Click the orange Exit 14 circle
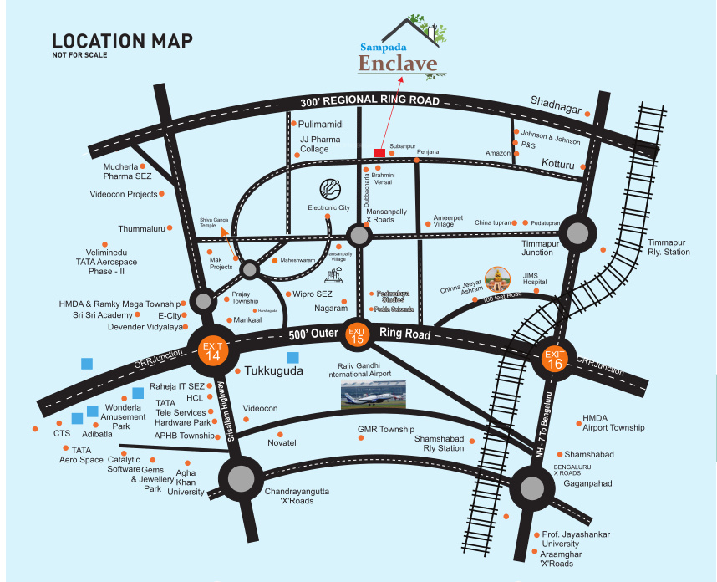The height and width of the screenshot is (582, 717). click(x=213, y=350)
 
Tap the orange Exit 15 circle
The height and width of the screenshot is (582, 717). click(x=358, y=334)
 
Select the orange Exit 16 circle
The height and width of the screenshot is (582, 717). click(x=554, y=360)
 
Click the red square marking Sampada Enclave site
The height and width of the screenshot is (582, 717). click(x=379, y=152)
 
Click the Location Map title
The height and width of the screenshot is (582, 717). click(x=122, y=41)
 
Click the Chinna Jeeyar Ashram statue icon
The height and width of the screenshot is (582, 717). click(x=497, y=280)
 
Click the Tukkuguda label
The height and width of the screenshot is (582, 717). click(x=272, y=370)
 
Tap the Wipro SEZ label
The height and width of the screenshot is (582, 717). click(x=313, y=294)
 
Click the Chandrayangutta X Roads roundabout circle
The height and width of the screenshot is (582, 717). click(x=241, y=479)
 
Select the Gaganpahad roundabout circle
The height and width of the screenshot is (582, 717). click(x=531, y=486)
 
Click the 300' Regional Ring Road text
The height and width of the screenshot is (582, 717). click(x=369, y=100)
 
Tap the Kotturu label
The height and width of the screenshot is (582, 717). click(x=559, y=164)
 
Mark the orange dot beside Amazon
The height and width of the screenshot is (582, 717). click(x=516, y=153)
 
